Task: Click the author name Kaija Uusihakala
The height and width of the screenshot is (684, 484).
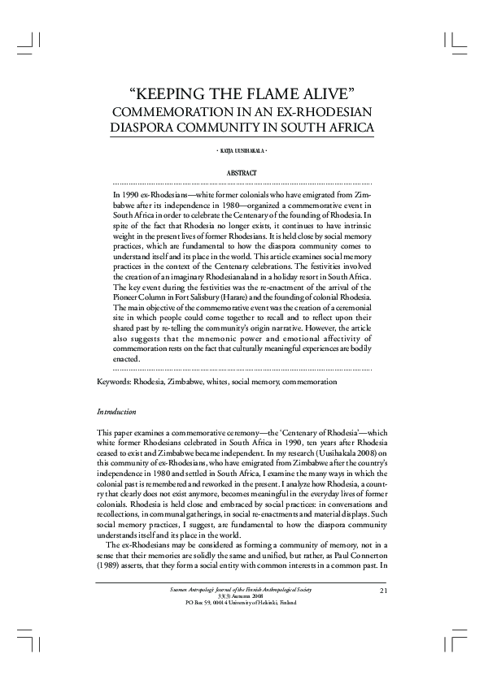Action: pos(242,152)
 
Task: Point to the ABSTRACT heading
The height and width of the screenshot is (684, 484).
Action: pos(242,173)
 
